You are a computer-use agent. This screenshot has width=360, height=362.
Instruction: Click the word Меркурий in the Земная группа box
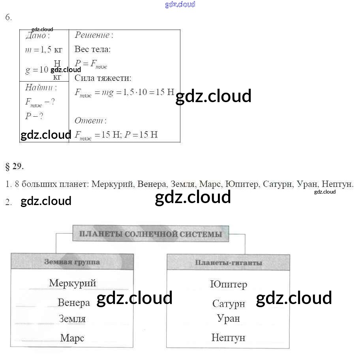click(x=72, y=283)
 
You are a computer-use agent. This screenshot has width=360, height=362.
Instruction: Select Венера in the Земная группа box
click(x=73, y=302)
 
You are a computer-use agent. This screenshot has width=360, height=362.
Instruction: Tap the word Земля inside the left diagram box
click(x=72, y=318)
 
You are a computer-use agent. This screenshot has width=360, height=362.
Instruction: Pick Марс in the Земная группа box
click(x=72, y=338)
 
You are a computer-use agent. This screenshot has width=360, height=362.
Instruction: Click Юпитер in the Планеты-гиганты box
click(x=229, y=284)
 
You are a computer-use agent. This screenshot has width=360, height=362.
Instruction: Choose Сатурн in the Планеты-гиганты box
click(x=229, y=304)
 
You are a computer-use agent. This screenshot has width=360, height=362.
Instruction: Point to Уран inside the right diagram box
click(x=228, y=318)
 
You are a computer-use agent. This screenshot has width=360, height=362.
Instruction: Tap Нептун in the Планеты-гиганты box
click(x=228, y=338)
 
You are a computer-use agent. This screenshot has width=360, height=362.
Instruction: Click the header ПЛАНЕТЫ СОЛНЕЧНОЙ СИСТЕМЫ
click(x=150, y=234)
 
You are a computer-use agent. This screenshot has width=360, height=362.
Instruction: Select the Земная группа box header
click(x=72, y=262)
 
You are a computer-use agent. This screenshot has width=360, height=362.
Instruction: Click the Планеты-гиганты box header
click(x=228, y=263)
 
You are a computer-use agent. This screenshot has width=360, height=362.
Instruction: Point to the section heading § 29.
click(x=15, y=166)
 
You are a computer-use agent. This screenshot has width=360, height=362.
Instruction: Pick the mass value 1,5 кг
click(x=44, y=50)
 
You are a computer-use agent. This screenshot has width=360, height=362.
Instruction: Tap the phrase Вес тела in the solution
click(x=92, y=49)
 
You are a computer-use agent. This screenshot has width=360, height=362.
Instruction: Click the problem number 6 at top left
click(x=8, y=17)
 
